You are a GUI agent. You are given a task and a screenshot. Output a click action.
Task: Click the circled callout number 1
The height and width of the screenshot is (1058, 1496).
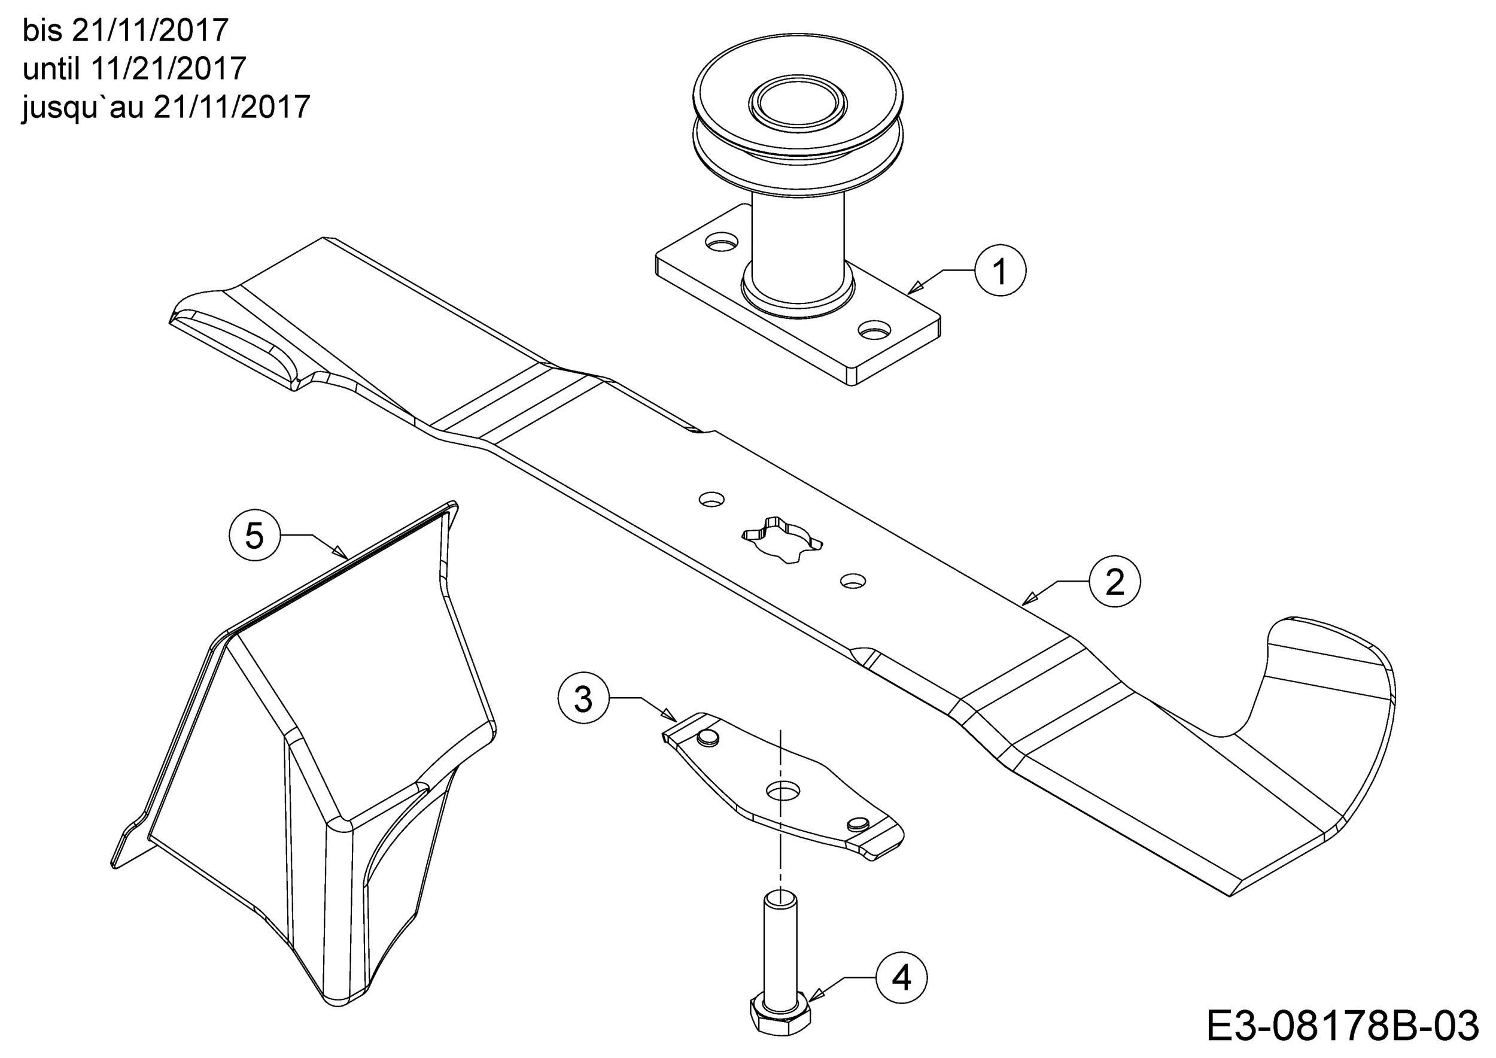[1000, 270]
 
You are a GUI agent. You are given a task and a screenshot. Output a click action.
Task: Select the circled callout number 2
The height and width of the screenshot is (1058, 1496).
[1115, 581]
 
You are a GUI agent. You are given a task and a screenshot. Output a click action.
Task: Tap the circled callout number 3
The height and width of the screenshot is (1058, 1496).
[583, 699]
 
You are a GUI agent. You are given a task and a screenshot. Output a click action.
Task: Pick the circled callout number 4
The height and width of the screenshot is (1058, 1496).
[902, 978]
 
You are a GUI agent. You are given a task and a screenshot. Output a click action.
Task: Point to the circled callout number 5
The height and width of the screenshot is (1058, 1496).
[254, 536]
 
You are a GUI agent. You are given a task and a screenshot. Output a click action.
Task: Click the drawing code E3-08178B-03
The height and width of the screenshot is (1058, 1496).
[1342, 1027]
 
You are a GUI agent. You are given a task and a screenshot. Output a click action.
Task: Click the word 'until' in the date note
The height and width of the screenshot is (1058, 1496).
[51, 68]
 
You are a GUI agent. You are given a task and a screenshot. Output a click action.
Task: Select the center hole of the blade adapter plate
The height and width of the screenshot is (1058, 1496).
[783, 791]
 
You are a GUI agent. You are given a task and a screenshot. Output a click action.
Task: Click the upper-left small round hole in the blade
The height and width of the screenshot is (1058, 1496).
[711, 500]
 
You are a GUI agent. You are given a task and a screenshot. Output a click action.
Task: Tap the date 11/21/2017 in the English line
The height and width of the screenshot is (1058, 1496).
[169, 68]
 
